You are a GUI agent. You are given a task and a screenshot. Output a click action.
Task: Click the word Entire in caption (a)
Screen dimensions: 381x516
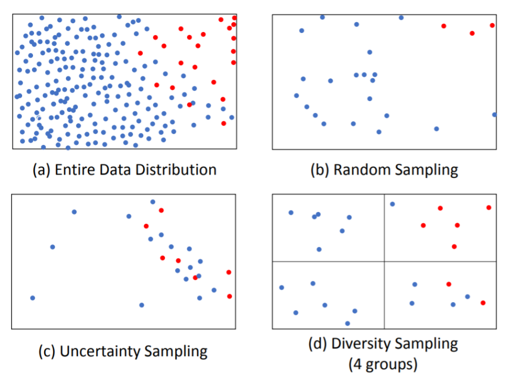point(74,170)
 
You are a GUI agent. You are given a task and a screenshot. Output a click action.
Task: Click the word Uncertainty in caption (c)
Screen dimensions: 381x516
point(100,351)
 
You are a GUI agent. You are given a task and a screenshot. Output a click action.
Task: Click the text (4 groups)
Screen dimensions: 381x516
point(384,364)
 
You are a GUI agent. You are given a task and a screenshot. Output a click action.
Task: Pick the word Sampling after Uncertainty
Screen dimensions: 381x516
point(176,351)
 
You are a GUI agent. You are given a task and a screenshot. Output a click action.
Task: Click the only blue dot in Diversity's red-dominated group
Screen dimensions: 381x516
point(392,204)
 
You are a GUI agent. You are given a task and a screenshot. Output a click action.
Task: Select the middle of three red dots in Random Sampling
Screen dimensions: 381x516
point(472,33)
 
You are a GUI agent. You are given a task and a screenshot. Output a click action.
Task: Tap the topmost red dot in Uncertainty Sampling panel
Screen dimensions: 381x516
point(161,210)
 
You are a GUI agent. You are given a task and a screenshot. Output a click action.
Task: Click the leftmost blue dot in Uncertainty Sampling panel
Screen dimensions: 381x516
point(32,298)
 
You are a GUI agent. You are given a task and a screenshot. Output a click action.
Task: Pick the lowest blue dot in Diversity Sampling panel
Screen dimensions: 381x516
point(347,323)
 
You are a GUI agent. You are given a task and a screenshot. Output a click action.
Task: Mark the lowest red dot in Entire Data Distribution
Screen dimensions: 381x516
point(224,123)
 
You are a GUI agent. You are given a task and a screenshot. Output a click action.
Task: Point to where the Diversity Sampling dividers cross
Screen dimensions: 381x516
point(384,262)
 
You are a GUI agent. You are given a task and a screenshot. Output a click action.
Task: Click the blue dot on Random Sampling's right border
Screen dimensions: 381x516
point(494,115)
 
